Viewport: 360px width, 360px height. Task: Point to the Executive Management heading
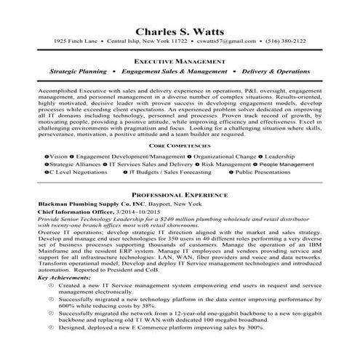tap(180, 63)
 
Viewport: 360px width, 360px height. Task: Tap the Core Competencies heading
tap(180, 145)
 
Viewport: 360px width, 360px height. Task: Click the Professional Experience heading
tap(180, 196)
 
